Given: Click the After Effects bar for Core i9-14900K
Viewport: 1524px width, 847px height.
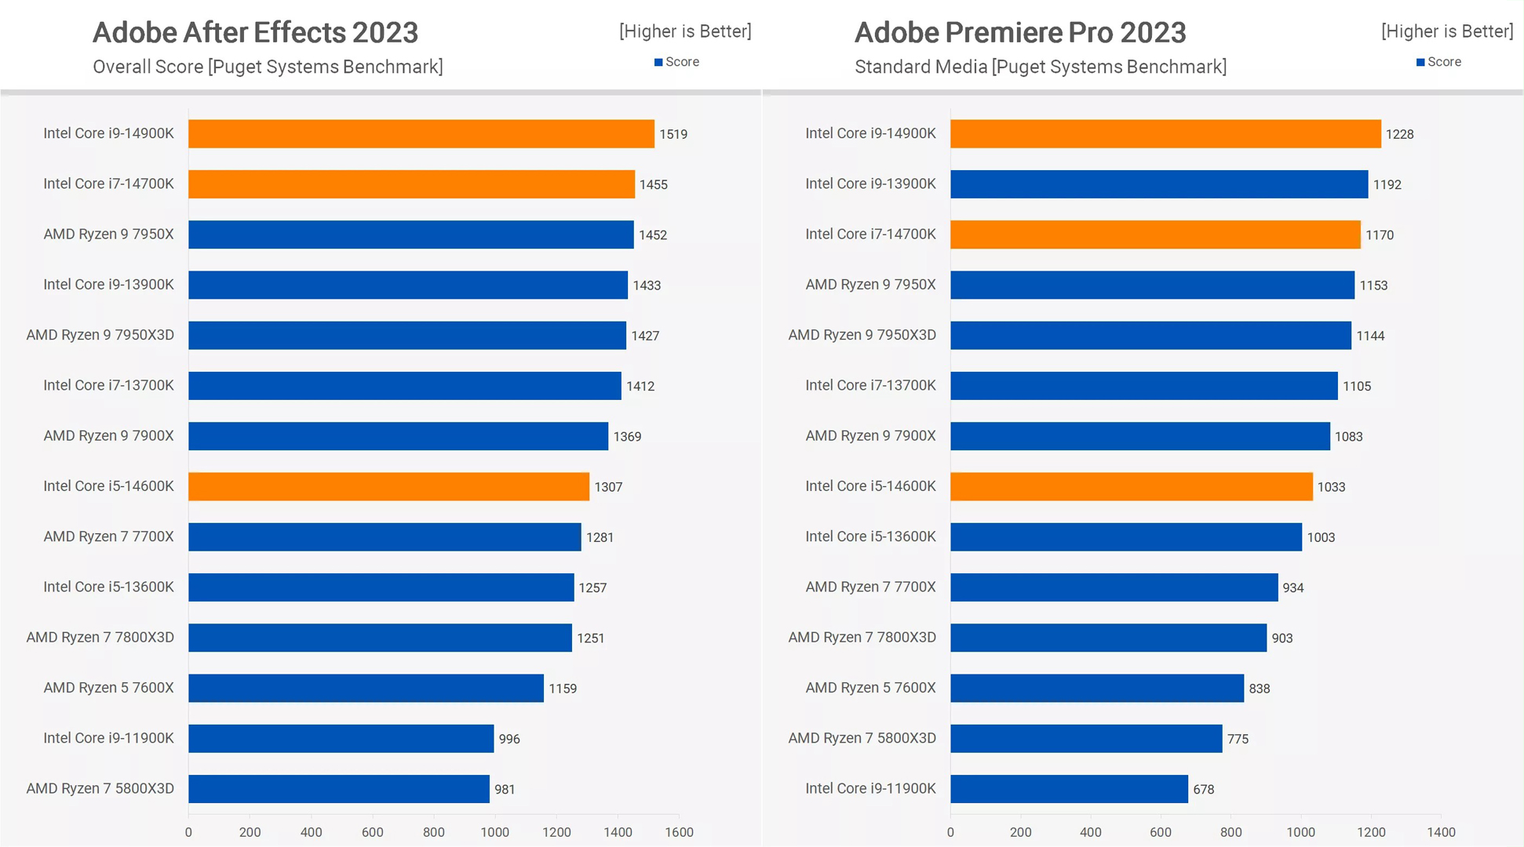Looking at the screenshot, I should [421, 133].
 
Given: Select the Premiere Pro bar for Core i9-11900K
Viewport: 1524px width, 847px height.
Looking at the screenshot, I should [1069, 789].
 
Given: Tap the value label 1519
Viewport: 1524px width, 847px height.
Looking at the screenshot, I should [673, 134].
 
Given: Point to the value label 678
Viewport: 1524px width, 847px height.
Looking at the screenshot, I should [1203, 790].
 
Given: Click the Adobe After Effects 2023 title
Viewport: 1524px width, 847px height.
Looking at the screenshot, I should [256, 32].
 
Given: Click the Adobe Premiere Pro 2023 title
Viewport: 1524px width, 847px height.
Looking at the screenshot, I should [1020, 32].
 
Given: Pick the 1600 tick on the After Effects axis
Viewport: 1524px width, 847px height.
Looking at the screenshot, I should [679, 833].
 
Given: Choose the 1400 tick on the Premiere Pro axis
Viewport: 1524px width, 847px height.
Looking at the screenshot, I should [1441, 833].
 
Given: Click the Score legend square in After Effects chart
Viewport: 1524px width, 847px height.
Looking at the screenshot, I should [658, 62].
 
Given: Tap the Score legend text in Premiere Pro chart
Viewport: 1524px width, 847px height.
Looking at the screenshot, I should [1444, 62].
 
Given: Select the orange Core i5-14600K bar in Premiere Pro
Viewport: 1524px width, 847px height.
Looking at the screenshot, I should [1131, 486].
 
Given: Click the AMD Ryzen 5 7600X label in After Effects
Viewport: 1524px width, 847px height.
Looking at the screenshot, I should [108, 688].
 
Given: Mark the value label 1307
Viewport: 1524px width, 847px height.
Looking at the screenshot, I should [608, 487].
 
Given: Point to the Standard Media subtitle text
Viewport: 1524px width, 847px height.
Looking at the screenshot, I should [1040, 67].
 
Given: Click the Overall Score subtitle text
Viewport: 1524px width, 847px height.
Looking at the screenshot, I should [268, 67].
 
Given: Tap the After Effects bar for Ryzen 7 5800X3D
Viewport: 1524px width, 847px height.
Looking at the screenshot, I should [338, 789].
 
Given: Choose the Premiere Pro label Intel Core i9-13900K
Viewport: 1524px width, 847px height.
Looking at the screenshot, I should [870, 184].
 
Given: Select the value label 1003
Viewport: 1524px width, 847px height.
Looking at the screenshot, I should [1321, 537].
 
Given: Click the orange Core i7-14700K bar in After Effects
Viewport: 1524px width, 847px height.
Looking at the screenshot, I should [411, 184].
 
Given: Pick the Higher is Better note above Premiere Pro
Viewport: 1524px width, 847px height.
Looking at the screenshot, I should [1447, 31].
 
